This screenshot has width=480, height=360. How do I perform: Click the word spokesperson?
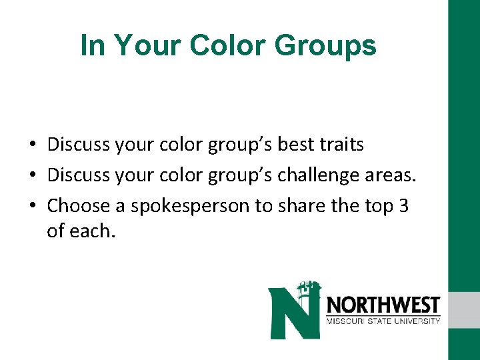point(191,205)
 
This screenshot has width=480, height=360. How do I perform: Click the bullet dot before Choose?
point(32,205)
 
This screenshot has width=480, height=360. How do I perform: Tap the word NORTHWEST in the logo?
point(383,305)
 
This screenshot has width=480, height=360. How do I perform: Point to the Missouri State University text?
point(383,321)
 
